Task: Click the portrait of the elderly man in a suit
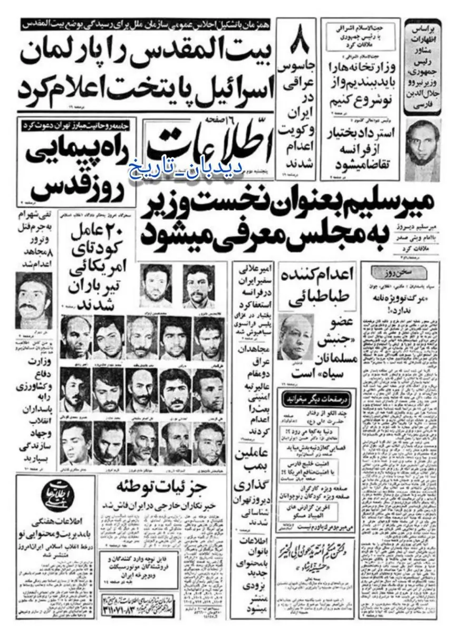point(293,338)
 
